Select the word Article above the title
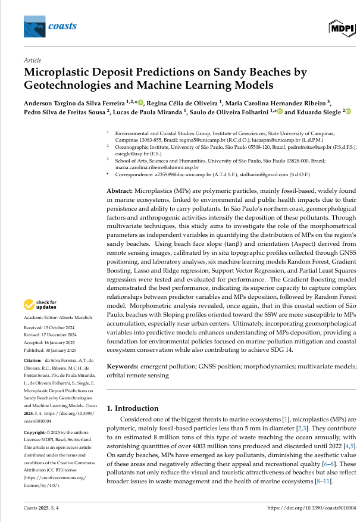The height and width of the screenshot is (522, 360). (32, 61)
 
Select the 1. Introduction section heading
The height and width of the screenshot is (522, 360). (132, 408)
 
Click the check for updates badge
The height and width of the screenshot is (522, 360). (41, 305)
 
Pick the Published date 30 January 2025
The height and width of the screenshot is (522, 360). (64, 351)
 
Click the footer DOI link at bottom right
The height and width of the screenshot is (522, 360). (312, 507)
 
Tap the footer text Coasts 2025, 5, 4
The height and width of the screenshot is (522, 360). (40, 507)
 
